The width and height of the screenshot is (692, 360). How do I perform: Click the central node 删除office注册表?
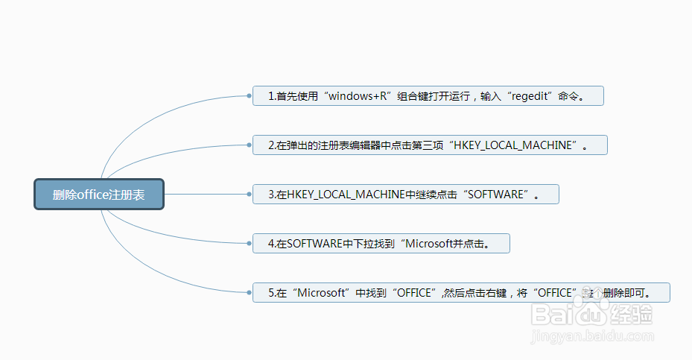click(x=98, y=195)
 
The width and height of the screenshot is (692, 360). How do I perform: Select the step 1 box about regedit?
click(x=428, y=96)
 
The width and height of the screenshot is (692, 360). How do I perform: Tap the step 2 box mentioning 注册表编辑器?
click(x=430, y=145)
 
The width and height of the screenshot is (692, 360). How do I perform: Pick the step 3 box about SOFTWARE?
click(x=405, y=195)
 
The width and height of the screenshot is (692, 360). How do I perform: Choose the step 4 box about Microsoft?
click(x=381, y=244)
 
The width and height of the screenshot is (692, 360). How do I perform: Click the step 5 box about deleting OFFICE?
click(x=461, y=293)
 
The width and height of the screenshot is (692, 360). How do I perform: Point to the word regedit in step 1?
click(x=530, y=96)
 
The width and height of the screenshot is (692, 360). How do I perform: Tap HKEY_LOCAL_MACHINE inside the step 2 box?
click(x=513, y=145)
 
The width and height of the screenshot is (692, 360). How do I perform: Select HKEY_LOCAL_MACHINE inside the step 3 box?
click(x=345, y=195)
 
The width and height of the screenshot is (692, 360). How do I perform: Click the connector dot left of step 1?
click(x=249, y=96)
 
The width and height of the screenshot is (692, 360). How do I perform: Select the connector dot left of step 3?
click(x=249, y=195)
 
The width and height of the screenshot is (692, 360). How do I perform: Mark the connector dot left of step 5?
click(x=249, y=293)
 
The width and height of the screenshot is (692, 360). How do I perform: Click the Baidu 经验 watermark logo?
click(x=593, y=315)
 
